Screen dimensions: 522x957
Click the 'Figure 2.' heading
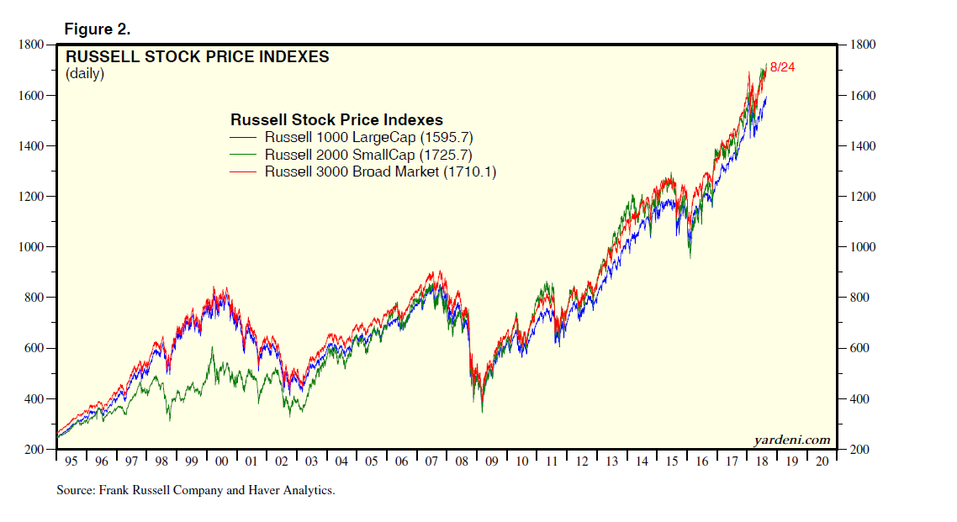point(97,29)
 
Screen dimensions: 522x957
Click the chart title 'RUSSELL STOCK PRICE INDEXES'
point(197,57)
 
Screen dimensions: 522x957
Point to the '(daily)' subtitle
point(85,74)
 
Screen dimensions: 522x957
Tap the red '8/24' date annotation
point(782,67)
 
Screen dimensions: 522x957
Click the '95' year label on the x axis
point(71,461)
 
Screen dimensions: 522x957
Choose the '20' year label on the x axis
point(821,461)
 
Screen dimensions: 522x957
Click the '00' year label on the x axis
point(221,461)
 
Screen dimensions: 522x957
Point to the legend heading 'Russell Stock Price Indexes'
point(336,119)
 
